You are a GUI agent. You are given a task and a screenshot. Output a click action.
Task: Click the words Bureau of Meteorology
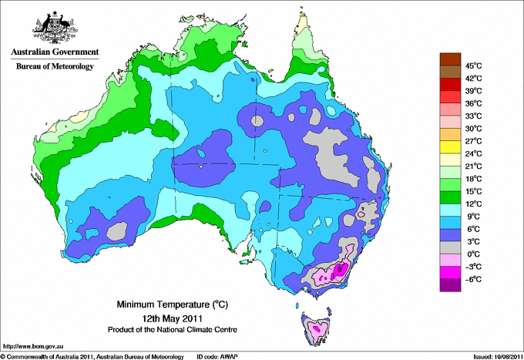tap(54, 66)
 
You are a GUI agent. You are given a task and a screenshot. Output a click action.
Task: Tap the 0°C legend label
tap(472, 254)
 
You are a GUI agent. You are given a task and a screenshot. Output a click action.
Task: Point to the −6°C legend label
tap(472, 279)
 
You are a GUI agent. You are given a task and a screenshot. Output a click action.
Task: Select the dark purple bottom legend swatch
tap(449, 285)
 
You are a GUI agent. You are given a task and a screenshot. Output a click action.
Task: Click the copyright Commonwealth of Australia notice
tap(92, 356)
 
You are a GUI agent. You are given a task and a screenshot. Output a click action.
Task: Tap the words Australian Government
tap(54, 52)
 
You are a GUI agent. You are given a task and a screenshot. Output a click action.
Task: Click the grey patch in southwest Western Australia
tap(116, 230)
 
